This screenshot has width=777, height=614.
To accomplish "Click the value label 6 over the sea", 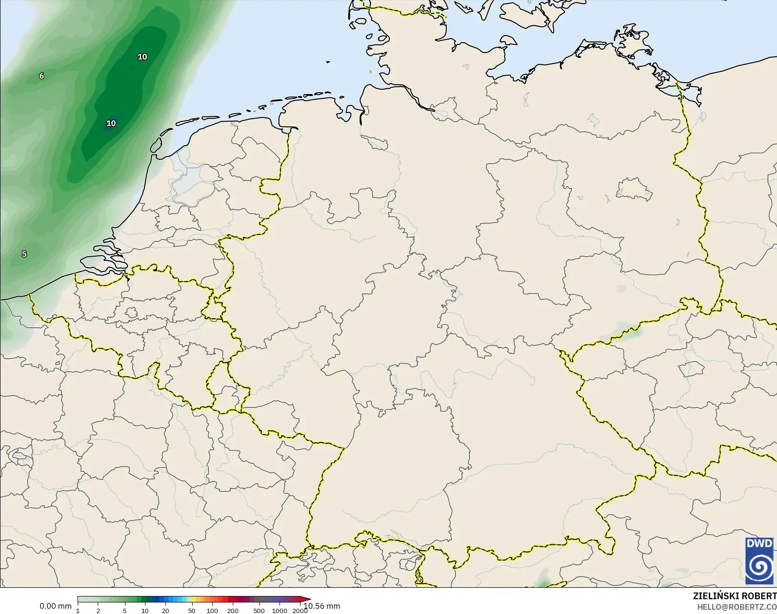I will [x=41, y=76].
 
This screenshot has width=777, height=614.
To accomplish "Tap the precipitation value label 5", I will [x=24, y=254].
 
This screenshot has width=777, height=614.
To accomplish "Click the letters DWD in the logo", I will [x=760, y=543].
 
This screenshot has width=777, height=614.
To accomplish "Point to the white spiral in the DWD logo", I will [x=760, y=566].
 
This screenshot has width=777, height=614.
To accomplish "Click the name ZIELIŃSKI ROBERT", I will [x=735, y=596].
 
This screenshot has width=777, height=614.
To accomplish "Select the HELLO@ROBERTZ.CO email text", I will [x=737, y=607].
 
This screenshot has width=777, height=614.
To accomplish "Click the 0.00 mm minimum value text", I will [x=55, y=606].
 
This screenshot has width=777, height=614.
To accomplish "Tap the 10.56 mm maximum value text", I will [x=322, y=606].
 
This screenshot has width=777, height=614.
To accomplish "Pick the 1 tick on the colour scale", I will [x=78, y=611].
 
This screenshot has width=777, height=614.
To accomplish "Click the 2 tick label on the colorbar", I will [x=98, y=611].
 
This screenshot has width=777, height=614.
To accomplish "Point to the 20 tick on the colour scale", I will [x=165, y=611].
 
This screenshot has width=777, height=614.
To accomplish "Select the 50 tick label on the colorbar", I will [x=192, y=611].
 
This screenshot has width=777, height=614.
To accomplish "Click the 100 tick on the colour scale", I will [x=212, y=611].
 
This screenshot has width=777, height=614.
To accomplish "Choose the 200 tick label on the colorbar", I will [x=233, y=611].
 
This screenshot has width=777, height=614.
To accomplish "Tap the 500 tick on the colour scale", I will [x=259, y=611].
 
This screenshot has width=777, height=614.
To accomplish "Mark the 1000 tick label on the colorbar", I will [x=280, y=611].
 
